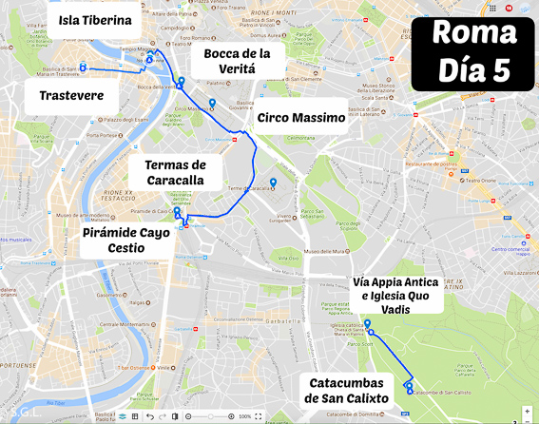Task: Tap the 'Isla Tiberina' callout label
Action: click(95, 20)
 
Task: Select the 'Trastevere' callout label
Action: click(79, 95)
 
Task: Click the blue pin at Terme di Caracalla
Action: click(273, 183)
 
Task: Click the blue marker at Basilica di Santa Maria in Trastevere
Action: click(83, 67)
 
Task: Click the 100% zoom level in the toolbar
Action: click(244, 416)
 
